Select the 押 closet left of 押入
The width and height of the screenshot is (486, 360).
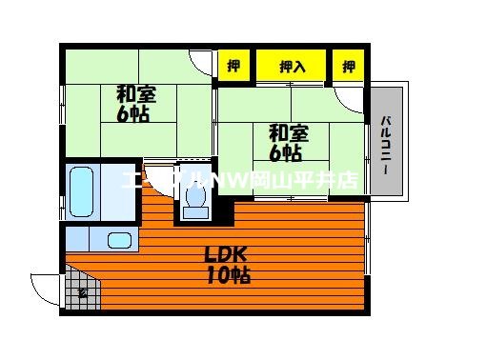coord(233,67)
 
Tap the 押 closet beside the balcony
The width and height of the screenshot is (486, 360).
coord(349,67)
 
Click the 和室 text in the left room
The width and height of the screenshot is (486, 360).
coord(136,94)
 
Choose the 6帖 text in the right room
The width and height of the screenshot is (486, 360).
coord(285,152)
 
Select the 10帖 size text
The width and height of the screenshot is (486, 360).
coord(228,276)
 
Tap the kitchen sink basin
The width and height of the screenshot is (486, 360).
coord(120,241)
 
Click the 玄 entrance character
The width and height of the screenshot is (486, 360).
coord(83,292)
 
